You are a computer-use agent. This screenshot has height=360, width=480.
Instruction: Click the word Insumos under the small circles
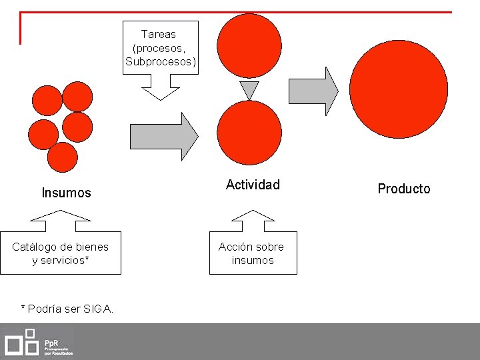[66, 193]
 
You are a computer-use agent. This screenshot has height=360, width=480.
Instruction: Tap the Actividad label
[253, 185]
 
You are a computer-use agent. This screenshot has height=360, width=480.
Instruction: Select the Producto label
[404, 189]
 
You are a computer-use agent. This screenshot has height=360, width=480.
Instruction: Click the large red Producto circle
[398, 89]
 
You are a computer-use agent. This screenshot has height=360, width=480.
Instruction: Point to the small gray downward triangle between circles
[249, 89]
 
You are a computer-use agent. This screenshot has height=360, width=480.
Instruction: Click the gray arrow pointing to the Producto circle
[312, 91]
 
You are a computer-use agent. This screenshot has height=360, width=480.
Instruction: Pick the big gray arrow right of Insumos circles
[163, 136]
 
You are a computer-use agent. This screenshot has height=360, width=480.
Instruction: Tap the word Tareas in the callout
[159, 34]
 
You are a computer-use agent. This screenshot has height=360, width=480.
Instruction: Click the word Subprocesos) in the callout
[161, 62]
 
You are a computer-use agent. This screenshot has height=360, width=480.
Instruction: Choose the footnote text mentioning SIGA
[67, 309]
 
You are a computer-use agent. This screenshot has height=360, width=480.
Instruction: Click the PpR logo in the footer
[39, 341]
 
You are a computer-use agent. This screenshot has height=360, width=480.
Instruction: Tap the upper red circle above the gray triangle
[249, 46]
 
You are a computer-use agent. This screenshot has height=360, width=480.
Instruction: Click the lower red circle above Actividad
[249, 133]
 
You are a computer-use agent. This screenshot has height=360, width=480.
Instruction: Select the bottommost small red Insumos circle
[63, 158]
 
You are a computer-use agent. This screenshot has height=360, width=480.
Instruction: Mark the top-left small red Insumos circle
[47, 101]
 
